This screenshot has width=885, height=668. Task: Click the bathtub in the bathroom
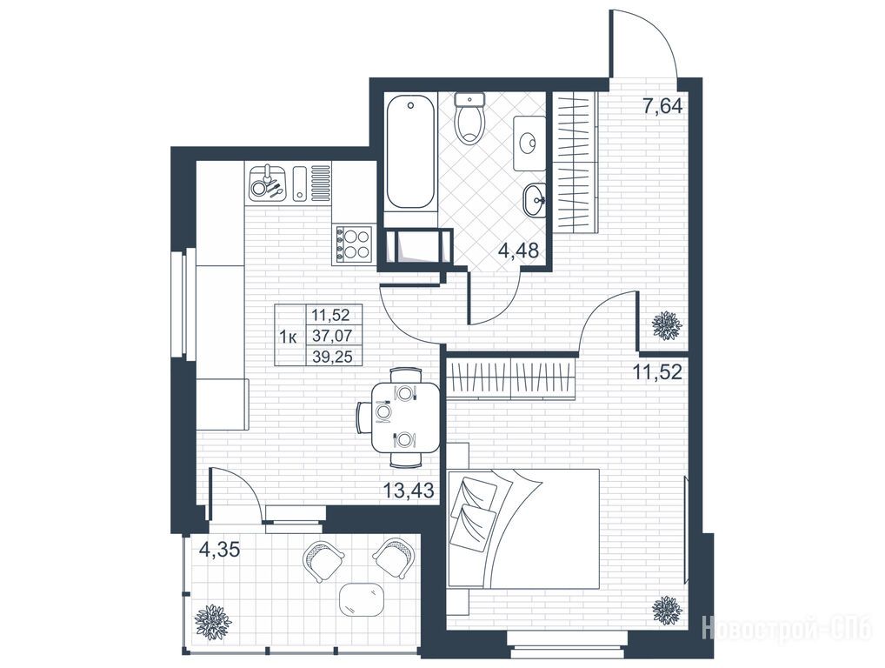(410, 152)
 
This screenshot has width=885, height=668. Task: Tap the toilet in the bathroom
(469, 118)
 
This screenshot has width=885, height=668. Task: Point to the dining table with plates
(405, 417)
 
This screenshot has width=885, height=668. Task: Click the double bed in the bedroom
(523, 528)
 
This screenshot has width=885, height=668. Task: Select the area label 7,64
(663, 105)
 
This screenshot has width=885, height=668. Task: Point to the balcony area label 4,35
(220, 549)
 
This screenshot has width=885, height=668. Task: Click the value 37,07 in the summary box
(332, 336)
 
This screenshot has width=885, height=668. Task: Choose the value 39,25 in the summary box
(332, 357)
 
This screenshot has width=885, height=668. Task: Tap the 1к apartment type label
(289, 337)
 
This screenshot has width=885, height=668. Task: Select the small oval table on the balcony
(363, 599)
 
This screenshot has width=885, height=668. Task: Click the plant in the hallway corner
(667, 325)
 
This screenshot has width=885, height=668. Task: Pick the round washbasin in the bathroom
(535, 200)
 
